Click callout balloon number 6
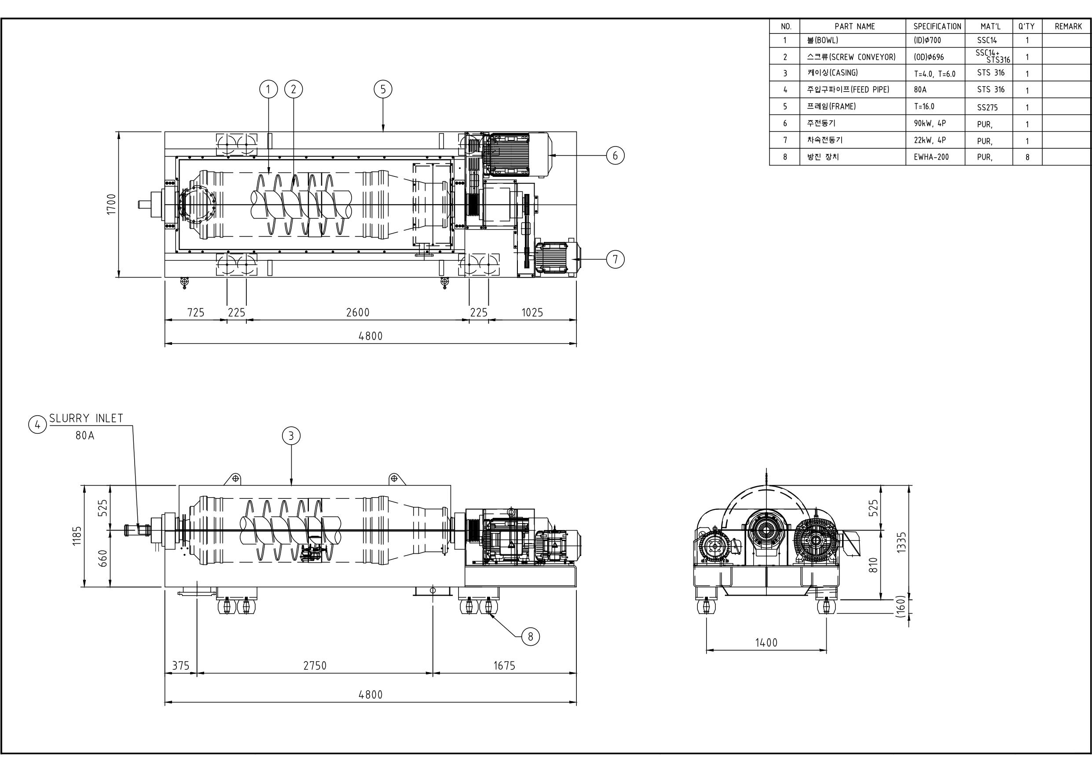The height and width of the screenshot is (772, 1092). tap(615, 155)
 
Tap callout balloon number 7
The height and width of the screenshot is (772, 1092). tap(615, 259)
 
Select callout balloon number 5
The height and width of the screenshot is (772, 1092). tap(383, 89)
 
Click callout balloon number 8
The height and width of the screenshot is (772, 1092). tap(531, 636)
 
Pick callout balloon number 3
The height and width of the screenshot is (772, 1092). tap(291, 435)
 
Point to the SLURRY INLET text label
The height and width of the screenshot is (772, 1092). tap(86, 418)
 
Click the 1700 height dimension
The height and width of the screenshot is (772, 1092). tap(111, 204)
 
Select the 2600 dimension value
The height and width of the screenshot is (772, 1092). tap(358, 312)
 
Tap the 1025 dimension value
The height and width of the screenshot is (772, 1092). tap(532, 312)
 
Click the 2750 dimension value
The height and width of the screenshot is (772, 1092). tap(315, 666)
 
